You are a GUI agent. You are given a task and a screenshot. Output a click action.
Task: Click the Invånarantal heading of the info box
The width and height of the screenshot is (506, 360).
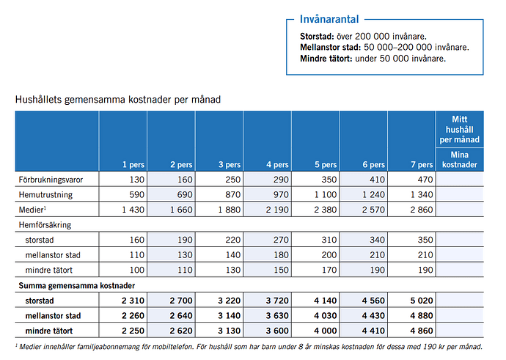[x=329, y=19]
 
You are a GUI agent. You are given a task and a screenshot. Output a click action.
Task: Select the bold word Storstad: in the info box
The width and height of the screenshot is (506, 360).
[x=317, y=36]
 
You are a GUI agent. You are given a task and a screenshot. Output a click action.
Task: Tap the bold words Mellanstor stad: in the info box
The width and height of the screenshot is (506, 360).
[x=331, y=48]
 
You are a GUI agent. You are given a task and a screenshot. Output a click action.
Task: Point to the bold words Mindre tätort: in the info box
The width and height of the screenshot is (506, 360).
[x=326, y=59]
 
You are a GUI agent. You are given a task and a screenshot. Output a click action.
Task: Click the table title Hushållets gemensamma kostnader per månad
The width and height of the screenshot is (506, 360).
[x=118, y=100]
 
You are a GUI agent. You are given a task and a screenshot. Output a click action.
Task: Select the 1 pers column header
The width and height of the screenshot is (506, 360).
[x=133, y=165]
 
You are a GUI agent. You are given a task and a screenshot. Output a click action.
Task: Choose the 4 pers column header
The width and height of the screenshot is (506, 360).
[x=277, y=165]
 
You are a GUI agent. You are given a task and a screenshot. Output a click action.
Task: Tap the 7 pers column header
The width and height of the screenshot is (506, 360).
[x=422, y=165]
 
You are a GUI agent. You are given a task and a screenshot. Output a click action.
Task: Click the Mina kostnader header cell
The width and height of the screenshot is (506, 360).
[x=460, y=160]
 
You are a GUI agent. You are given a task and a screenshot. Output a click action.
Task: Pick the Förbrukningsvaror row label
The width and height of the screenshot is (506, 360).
[x=51, y=180]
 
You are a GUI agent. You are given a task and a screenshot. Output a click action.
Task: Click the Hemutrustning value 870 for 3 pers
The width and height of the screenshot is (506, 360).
[x=232, y=195]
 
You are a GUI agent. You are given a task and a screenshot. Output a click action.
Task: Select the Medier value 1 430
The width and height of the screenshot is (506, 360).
[x=133, y=210]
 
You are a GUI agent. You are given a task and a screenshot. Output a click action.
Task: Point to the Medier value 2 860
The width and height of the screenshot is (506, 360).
[x=422, y=210]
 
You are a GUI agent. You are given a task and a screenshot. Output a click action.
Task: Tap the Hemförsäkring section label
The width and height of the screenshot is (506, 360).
[x=45, y=225]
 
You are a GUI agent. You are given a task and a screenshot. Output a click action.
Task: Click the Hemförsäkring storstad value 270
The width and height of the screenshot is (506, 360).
[x=281, y=240]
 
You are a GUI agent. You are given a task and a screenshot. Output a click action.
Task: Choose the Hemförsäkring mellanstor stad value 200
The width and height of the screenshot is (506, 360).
[x=329, y=255]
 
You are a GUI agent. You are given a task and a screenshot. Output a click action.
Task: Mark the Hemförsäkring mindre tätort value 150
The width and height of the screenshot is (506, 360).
[x=281, y=271]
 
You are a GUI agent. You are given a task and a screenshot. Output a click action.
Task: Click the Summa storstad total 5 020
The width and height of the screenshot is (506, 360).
[x=422, y=301]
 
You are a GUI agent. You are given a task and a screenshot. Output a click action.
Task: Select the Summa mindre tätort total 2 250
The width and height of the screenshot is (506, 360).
[x=133, y=331]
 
